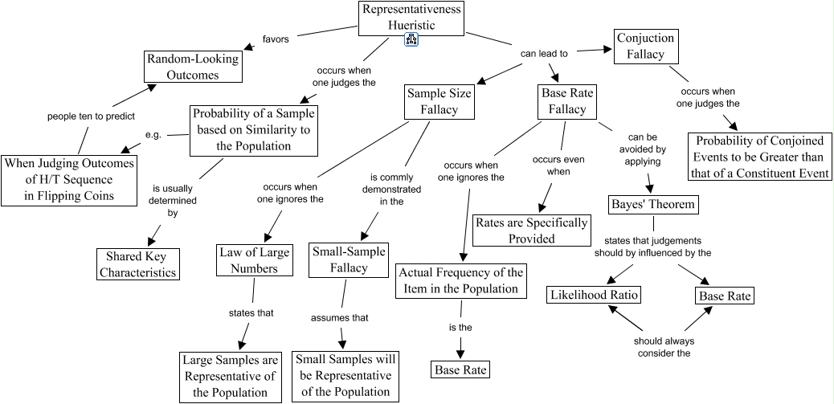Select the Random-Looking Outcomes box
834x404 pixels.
tap(193, 67)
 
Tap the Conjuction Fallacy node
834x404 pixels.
tap(645, 47)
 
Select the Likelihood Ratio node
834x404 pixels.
tap(594, 295)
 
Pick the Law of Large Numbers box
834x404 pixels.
tap(248, 260)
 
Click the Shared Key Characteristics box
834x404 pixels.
tap(137, 264)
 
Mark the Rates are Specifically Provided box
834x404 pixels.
tap(531, 231)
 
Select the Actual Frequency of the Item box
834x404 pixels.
tap(461, 281)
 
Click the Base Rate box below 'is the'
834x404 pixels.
tap(460, 370)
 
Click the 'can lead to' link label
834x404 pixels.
tap(544, 54)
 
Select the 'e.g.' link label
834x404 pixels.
tap(153, 134)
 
